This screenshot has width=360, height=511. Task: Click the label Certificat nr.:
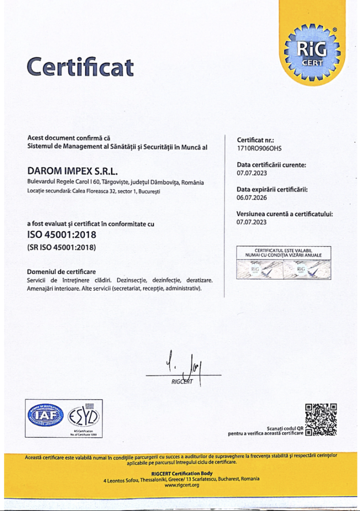coord(256,140)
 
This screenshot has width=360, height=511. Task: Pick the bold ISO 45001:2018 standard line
coord(61,234)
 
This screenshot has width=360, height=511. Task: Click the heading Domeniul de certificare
coord(61,272)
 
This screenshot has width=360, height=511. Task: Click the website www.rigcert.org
coord(181,485)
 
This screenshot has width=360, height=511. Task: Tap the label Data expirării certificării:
coord(272,190)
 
